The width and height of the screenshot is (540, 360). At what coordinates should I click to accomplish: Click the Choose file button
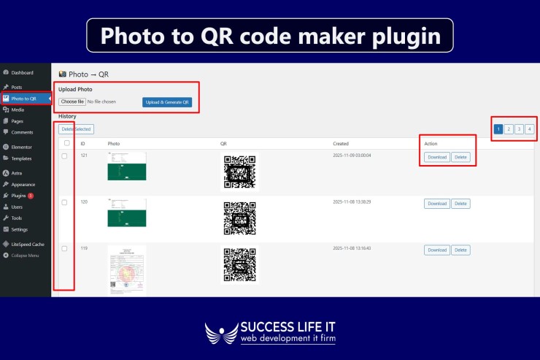click(72, 102)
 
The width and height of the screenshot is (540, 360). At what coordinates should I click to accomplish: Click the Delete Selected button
click(76, 129)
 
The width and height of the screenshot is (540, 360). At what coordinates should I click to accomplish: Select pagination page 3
click(519, 129)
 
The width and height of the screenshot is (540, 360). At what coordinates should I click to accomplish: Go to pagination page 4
click(529, 129)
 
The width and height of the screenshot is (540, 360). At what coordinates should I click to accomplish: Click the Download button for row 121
click(436, 157)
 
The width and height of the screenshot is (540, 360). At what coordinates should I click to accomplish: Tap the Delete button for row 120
click(460, 204)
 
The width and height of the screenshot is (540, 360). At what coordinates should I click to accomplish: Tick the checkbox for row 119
click(64, 249)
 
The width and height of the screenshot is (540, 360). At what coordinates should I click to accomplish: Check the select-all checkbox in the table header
click(67, 143)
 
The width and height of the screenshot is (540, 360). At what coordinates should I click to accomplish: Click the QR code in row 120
click(239, 218)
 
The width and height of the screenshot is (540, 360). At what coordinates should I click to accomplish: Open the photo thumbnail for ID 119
click(127, 270)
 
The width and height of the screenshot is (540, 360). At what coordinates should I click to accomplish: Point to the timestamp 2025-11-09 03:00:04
click(352, 156)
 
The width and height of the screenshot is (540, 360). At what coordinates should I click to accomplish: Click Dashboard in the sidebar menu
click(22, 73)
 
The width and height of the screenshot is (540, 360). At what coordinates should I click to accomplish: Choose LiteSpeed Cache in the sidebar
click(28, 244)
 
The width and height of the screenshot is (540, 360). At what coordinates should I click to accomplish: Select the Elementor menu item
click(22, 148)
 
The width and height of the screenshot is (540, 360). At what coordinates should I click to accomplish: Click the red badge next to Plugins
click(31, 196)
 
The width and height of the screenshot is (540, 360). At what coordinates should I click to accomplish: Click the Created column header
click(341, 144)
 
